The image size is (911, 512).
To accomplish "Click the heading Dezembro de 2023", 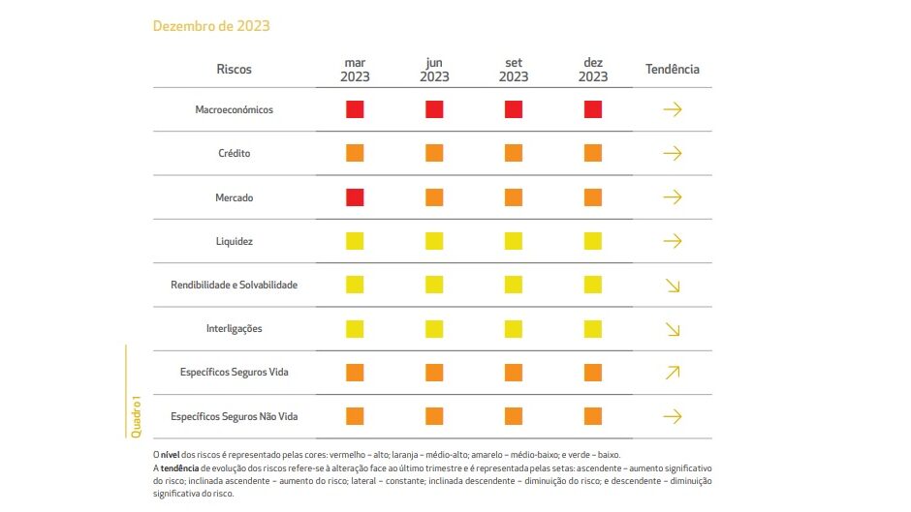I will click(x=211, y=26).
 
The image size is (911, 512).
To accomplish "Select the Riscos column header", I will click(x=234, y=70).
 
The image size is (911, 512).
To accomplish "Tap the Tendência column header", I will click(x=673, y=70).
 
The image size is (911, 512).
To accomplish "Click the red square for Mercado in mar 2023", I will click(x=355, y=197).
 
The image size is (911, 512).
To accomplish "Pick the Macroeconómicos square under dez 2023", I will click(x=593, y=109).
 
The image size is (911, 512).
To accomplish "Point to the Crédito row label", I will click(x=236, y=154).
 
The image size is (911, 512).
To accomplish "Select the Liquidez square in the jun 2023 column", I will click(x=434, y=241).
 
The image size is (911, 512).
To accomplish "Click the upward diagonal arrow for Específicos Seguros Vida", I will click(x=673, y=373).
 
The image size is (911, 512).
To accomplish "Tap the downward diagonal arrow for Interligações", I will click(x=673, y=329).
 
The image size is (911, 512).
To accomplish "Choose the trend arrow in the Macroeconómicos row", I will click(x=673, y=109).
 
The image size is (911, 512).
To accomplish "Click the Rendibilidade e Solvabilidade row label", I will click(x=234, y=285).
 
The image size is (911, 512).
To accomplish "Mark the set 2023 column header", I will click(x=514, y=70).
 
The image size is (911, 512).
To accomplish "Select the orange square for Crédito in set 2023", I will click(x=514, y=153).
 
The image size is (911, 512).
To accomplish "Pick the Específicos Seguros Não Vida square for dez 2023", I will click(x=593, y=416).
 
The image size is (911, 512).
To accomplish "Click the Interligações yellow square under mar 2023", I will click(x=355, y=328).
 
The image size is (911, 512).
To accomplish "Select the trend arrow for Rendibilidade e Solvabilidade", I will click(x=673, y=286).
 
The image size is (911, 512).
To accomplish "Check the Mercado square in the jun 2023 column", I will click(x=434, y=197).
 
